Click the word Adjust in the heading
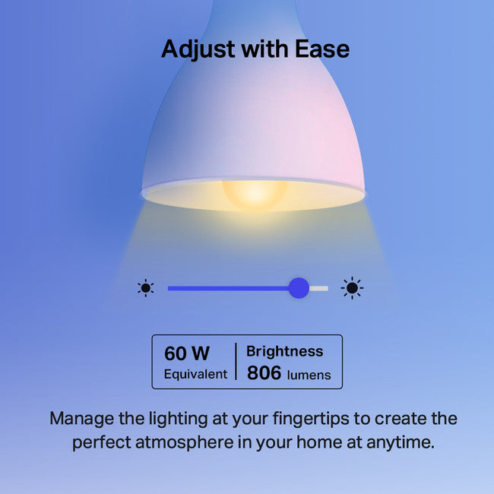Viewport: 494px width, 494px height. pyautogui.click(x=196, y=49)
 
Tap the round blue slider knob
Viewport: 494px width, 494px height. pyautogui.click(x=299, y=287)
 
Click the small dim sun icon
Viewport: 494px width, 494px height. pyautogui.click(x=145, y=287)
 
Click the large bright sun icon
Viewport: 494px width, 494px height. pyautogui.click(x=351, y=287)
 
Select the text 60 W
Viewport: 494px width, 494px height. pyautogui.click(x=186, y=353)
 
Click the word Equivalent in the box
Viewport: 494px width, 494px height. pyautogui.click(x=195, y=374)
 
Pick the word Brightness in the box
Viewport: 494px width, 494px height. pyautogui.click(x=284, y=351)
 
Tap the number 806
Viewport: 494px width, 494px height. pyautogui.click(x=264, y=373)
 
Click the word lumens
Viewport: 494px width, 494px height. pyautogui.click(x=309, y=375)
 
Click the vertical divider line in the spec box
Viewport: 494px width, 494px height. pyautogui.click(x=236, y=362)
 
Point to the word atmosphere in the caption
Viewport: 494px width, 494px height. pyautogui.click(x=187, y=442)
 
